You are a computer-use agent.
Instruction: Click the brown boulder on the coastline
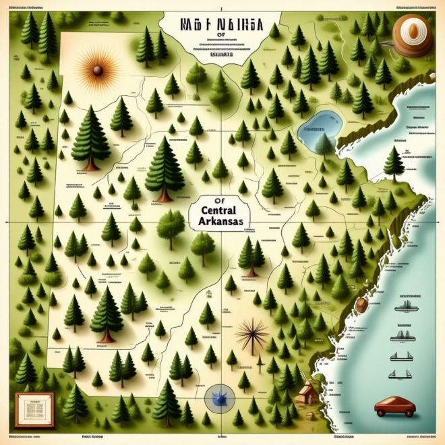[x=362, y=305]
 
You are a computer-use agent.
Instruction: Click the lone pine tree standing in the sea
[x=394, y=163]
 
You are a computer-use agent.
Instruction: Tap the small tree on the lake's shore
[x=324, y=146]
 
